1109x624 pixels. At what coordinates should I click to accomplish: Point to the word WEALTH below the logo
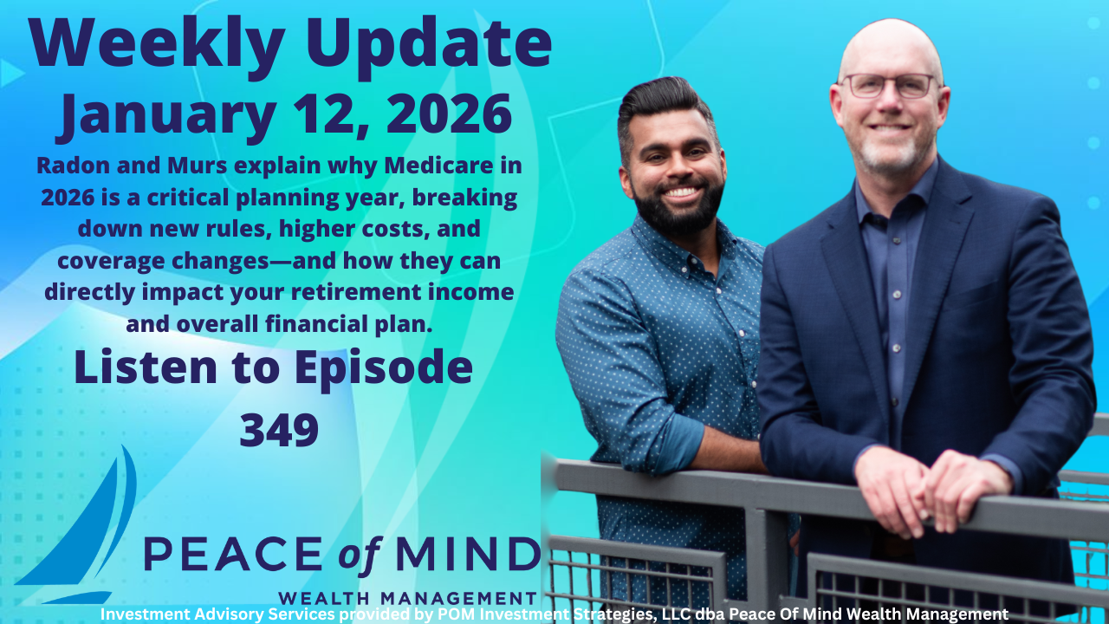click(325, 598)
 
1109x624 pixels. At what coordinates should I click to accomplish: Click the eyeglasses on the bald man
click(889, 85)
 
